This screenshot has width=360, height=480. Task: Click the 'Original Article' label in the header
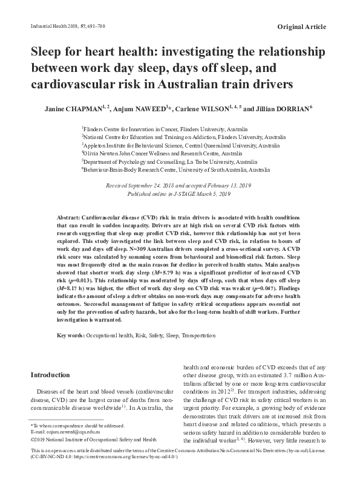pos(301,27)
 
